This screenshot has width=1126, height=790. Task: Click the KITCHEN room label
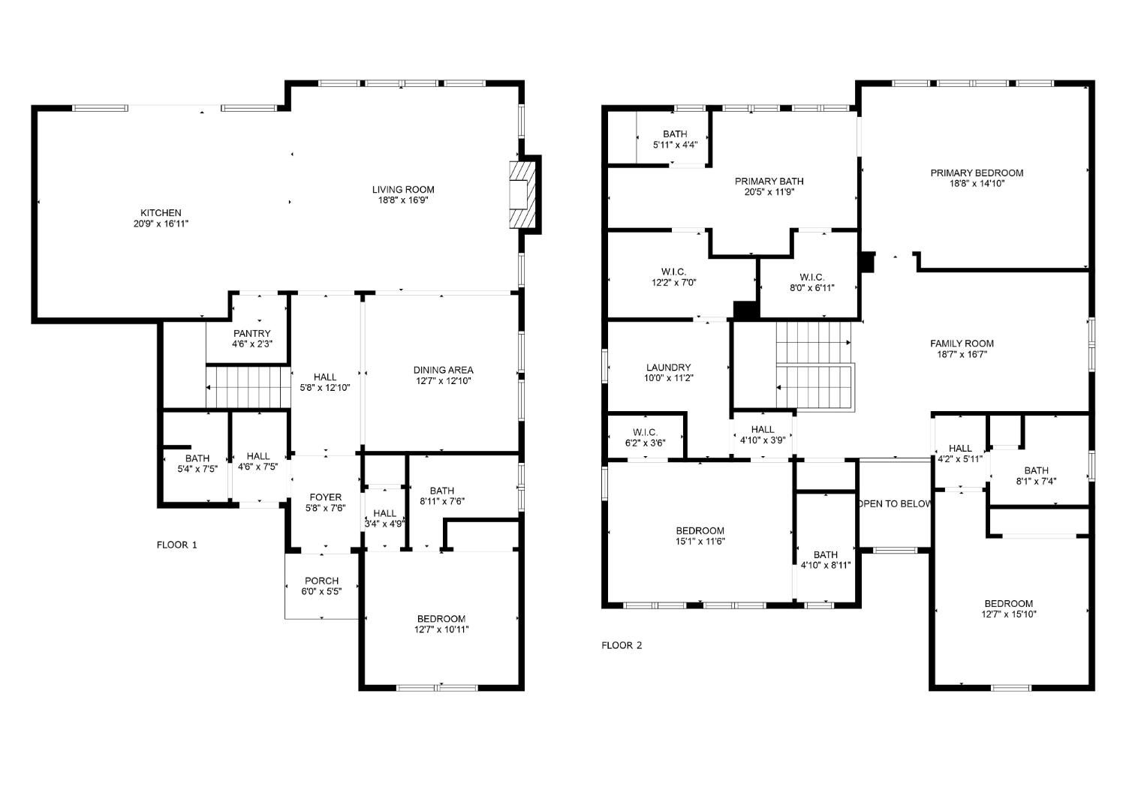161,213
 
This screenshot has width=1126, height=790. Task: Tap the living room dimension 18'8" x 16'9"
403,200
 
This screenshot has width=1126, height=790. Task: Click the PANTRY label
251,333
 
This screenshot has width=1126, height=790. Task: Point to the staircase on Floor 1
248,387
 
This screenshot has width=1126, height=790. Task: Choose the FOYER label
325,497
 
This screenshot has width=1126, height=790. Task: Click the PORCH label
321,581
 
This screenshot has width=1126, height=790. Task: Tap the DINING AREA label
443,370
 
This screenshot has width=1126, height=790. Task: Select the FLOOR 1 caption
176,545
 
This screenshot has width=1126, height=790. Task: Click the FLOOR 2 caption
622,645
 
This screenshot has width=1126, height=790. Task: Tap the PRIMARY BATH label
769,181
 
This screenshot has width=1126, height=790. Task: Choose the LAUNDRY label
668,368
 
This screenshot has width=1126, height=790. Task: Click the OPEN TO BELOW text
894,503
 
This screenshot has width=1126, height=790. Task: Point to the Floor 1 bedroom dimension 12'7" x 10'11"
442,629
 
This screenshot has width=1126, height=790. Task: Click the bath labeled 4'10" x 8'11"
825,565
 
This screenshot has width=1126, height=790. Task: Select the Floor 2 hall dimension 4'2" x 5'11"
959,459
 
